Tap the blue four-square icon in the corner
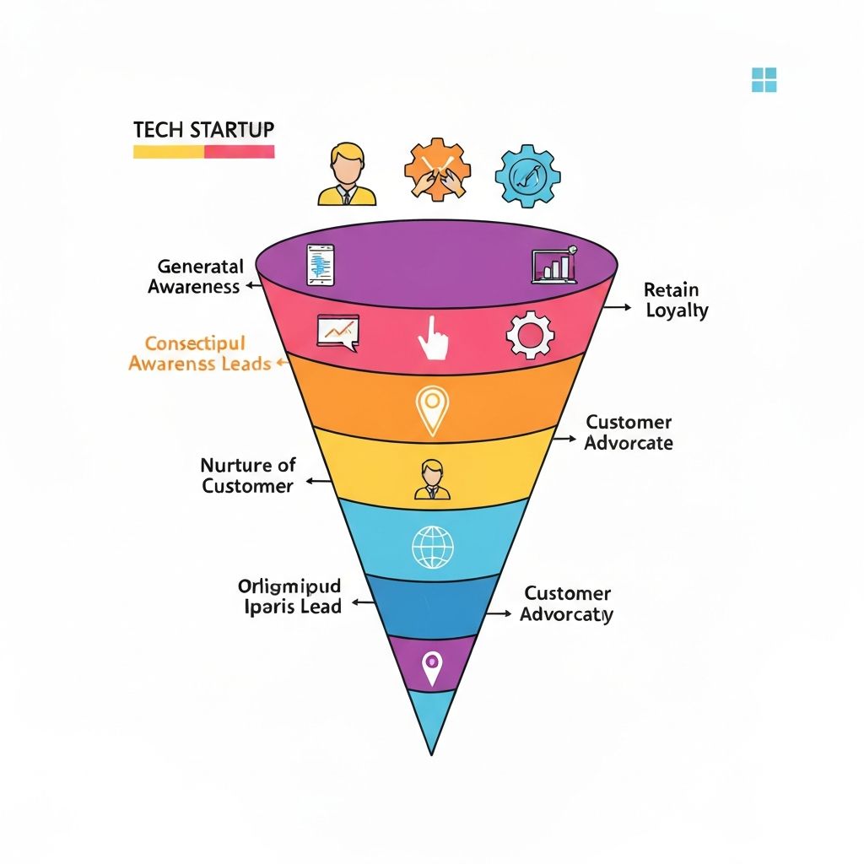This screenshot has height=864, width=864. [x=764, y=80]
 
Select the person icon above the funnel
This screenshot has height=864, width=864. [x=347, y=174]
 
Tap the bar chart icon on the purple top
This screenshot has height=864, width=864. [x=554, y=265]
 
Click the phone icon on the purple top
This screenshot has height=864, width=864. [x=321, y=265]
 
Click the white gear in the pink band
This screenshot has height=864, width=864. [x=530, y=335]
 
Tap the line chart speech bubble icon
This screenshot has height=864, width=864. [x=337, y=332]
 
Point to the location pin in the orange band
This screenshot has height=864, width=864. [x=432, y=410]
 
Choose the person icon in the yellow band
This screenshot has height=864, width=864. [x=432, y=479]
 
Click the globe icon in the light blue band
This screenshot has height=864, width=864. [x=432, y=546]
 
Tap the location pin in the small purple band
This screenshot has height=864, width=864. [x=432, y=667]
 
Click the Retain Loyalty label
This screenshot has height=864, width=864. [x=676, y=300]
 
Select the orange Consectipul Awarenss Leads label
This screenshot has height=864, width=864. [x=199, y=354]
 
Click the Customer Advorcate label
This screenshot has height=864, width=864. [x=629, y=432]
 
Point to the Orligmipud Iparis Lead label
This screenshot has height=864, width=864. [x=289, y=596]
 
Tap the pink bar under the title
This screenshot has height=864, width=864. [x=240, y=152]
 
